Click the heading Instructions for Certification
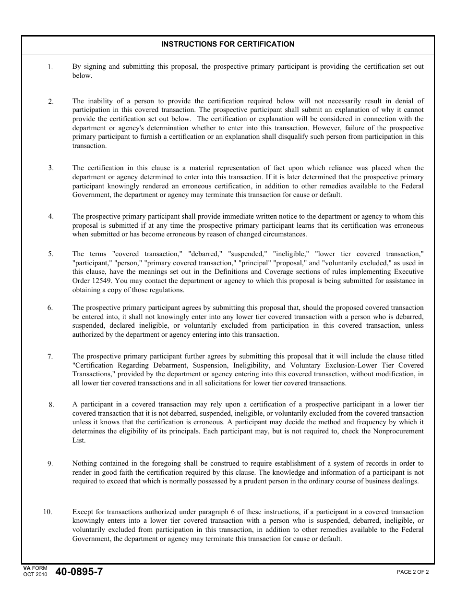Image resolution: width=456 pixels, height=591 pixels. point(228,44)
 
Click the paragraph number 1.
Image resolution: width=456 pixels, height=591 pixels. point(50,67)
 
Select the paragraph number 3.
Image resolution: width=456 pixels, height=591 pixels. point(50,168)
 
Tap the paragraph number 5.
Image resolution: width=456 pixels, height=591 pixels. point(50,254)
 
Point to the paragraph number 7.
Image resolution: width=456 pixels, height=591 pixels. point(50,357)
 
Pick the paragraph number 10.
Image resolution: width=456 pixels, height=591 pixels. point(48,512)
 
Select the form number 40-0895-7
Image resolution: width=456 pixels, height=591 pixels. point(79,572)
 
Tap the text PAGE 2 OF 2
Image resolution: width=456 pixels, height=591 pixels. point(412,572)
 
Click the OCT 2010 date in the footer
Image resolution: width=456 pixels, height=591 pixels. point(35,575)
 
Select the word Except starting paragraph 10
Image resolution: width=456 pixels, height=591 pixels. point(83,512)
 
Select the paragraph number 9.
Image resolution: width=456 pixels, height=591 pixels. point(50,464)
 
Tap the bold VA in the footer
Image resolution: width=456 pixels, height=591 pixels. point(26,568)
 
